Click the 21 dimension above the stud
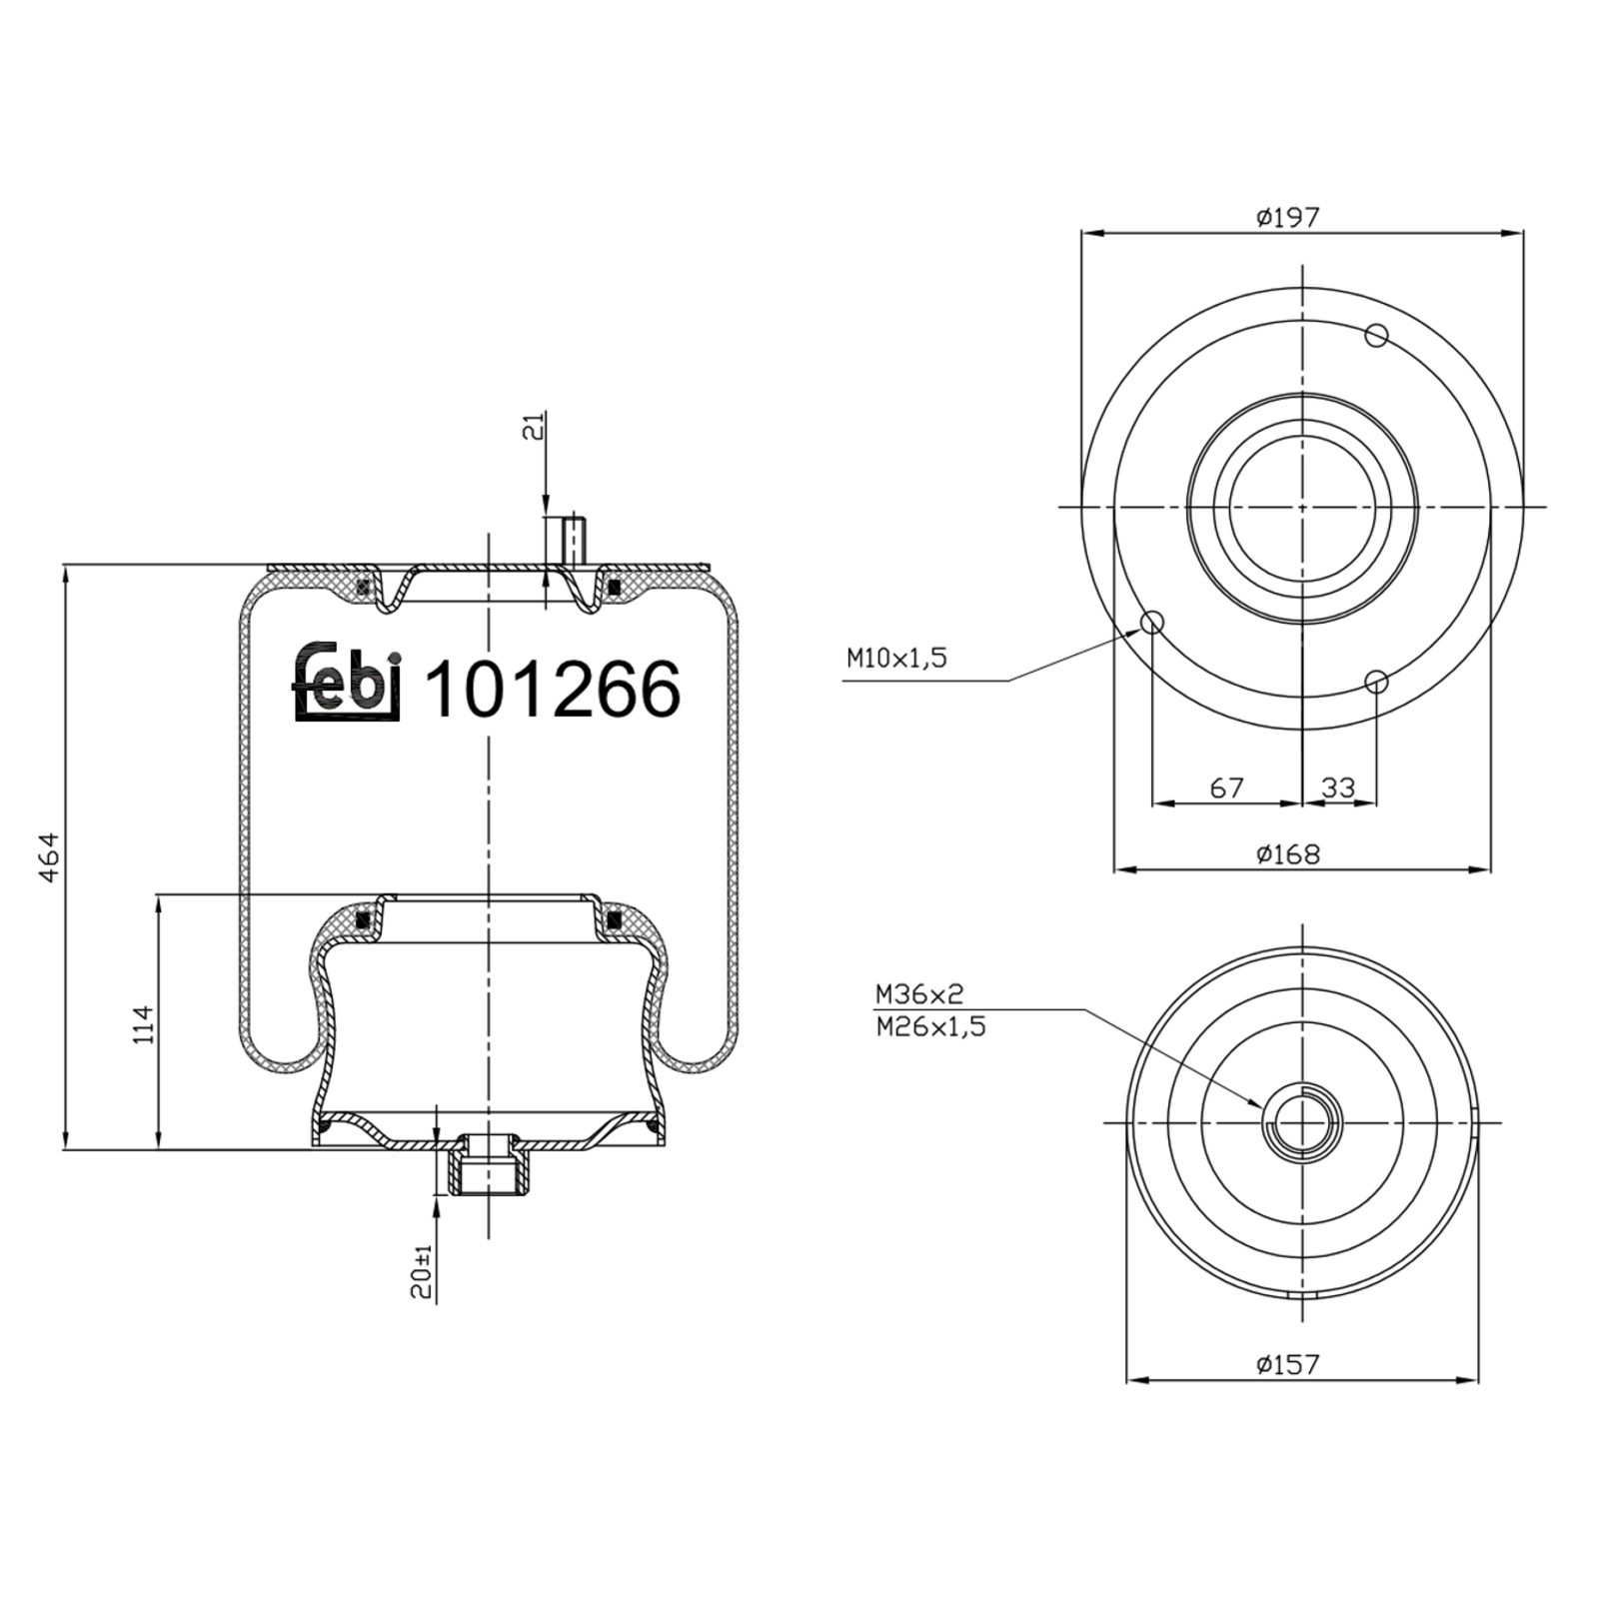pos(537,427)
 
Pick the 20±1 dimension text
pos(424,1271)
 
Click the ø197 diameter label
pos(1289,217)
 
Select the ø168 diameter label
pos(1289,854)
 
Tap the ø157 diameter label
pos(1289,1363)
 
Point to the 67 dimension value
pos(1226,789)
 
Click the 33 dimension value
pos(1338,789)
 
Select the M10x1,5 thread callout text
pos(895,659)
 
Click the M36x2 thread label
pos(918,994)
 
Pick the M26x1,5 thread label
pos(930,1026)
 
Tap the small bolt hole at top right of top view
pos(1377,336)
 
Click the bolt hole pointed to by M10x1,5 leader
pos(1152,623)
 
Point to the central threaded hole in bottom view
pos(1302,1122)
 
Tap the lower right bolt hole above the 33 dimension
pos(1377,683)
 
